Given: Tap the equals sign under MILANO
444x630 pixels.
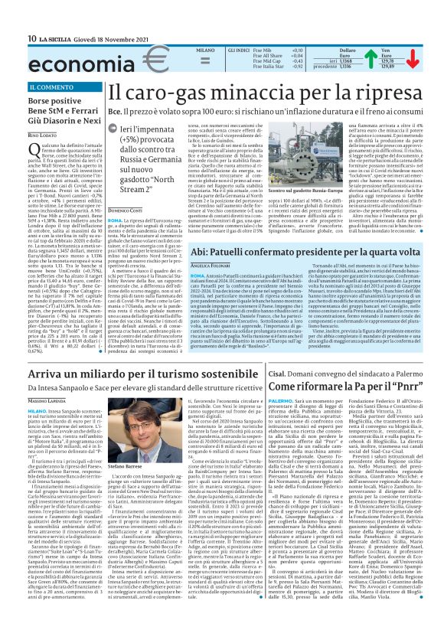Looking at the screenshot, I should click(x=183, y=64).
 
